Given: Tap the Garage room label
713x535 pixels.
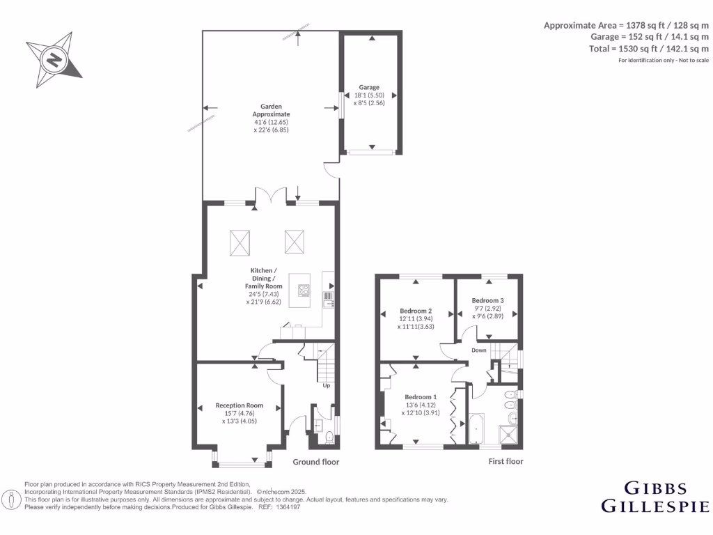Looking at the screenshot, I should pos(369,88).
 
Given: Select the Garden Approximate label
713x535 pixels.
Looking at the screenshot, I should pos(271,110).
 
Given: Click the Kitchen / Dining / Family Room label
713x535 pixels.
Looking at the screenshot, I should pos(264,278).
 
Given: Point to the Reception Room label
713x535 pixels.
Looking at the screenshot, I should pos(239,405).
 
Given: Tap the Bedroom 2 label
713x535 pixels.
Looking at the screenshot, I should pos(416,311).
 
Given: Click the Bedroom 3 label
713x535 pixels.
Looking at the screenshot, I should pos(487,300).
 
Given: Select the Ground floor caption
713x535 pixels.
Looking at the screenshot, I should pos(315,462).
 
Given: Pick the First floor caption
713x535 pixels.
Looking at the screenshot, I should pos(506,461).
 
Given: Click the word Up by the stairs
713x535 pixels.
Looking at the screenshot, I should pos(326,385).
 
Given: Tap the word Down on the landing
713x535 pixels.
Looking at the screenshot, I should pos(478,350).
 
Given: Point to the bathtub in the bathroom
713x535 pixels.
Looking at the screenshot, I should pos(476,430).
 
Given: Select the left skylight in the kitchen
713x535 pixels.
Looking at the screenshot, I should pos(240,242).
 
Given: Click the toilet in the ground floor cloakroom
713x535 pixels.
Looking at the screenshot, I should pos(329,437).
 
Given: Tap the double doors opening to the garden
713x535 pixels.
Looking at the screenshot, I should pos(272,196).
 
